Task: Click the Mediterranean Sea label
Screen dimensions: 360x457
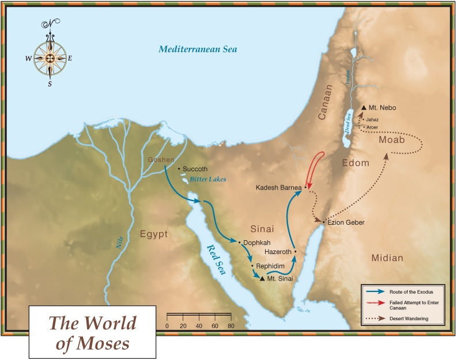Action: pos(198,50)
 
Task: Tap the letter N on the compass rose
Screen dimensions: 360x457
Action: pos(50,24)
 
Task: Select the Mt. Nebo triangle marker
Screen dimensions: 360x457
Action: pos(364,108)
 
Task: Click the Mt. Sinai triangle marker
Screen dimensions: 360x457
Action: pos(262,279)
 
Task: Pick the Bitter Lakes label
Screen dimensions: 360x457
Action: pos(208,179)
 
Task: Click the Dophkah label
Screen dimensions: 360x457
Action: pos(256,242)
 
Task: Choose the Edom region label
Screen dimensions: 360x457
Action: pos(355,163)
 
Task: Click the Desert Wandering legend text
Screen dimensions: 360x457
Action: pos(408,319)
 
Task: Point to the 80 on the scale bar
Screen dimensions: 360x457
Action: pos(231,325)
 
